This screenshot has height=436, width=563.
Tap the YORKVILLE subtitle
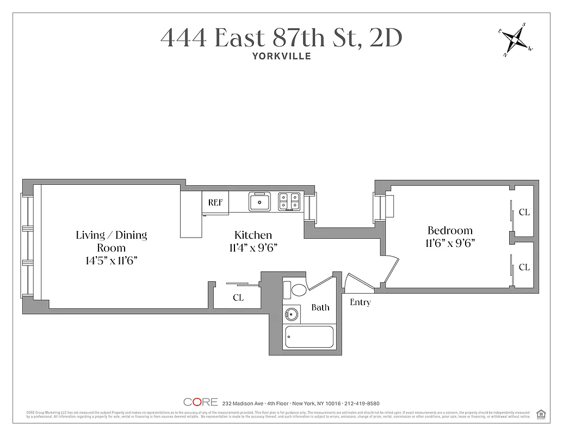(281, 56)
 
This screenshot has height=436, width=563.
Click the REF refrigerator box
(215, 202)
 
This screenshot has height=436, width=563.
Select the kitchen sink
(260, 202)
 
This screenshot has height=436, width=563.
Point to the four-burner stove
(289, 202)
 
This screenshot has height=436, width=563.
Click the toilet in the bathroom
(298, 289)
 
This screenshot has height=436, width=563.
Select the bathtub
(309, 338)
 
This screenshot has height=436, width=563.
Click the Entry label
(360, 302)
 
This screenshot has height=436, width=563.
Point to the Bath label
(320, 307)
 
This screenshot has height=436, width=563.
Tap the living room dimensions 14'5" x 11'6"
(111, 261)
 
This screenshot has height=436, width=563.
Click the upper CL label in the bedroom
(524, 213)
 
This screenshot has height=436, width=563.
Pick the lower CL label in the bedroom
(524, 267)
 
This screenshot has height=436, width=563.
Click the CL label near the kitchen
(238, 298)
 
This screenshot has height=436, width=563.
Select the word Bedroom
(450, 230)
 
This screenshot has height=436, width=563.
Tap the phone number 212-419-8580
(362, 403)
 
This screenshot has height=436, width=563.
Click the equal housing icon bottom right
(541, 413)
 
